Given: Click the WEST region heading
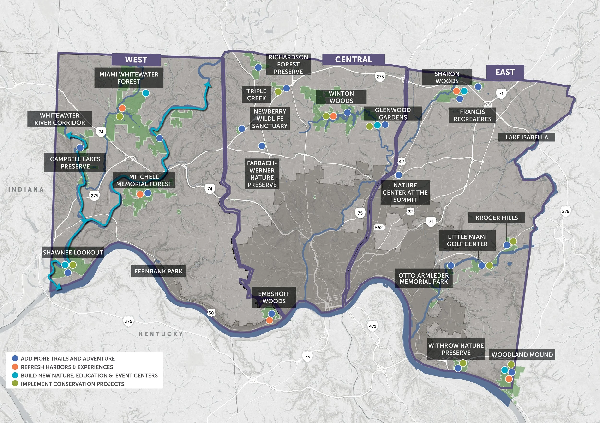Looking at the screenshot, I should [x=136, y=60].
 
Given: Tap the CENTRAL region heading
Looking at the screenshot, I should [x=353, y=59].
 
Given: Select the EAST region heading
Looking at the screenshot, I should [x=505, y=72].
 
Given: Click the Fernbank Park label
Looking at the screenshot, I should [x=158, y=271].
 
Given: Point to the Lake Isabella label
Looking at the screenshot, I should [x=526, y=137].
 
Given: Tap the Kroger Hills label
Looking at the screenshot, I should [x=496, y=218].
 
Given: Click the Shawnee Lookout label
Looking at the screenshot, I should [x=73, y=253].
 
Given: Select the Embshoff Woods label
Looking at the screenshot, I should [x=274, y=297].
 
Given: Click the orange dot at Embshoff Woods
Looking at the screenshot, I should [x=270, y=320].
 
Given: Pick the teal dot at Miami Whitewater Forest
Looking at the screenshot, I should [x=146, y=93].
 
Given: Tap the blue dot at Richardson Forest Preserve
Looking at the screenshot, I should [x=258, y=67].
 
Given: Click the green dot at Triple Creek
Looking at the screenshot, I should [x=278, y=91].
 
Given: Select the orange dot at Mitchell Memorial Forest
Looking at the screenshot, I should [x=140, y=194].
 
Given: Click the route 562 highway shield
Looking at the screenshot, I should [x=379, y=227].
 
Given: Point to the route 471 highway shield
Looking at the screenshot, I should [x=373, y=326].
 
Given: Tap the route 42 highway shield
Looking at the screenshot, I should [x=401, y=162].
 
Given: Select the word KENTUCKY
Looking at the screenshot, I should [x=161, y=334].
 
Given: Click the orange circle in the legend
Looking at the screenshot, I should [x=15, y=367].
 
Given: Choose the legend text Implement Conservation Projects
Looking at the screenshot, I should [x=72, y=384].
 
